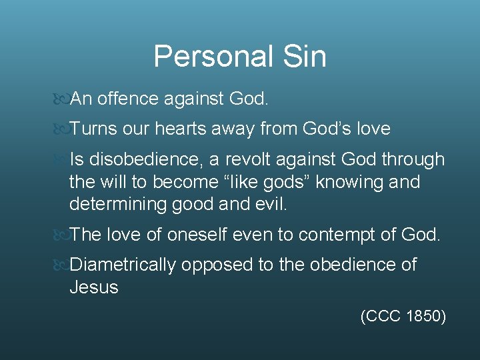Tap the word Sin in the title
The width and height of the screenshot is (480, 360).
[304, 57]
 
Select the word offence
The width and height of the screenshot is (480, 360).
[127, 99]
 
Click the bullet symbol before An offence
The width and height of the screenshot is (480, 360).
[60, 100]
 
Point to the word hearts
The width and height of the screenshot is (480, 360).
[181, 129]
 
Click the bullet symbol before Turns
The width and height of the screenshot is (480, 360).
[60, 129]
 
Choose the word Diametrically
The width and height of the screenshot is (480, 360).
[123, 265]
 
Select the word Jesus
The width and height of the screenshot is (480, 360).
[94, 287]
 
